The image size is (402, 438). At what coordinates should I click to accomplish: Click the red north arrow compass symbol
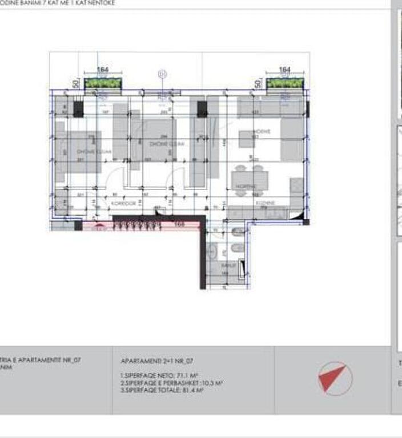(332, 378)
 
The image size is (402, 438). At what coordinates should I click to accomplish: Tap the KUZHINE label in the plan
(266, 202)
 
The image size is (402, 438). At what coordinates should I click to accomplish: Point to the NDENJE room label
(262, 132)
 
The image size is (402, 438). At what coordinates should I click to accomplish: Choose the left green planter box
(103, 83)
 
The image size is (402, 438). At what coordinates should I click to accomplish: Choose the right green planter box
(285, 83)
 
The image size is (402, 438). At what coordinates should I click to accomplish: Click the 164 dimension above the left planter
(103, 70)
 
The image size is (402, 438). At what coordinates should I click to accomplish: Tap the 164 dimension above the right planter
(284, 70)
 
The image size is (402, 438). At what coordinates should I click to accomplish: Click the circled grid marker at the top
(163, 74)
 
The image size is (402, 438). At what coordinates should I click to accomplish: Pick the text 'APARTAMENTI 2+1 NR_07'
(157, 362)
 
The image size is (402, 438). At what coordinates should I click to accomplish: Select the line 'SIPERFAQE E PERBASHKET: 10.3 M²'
(171, 383)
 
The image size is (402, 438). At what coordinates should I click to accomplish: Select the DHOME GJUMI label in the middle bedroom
(162, 144)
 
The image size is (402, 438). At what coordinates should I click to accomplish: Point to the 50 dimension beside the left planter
(76, 84)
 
